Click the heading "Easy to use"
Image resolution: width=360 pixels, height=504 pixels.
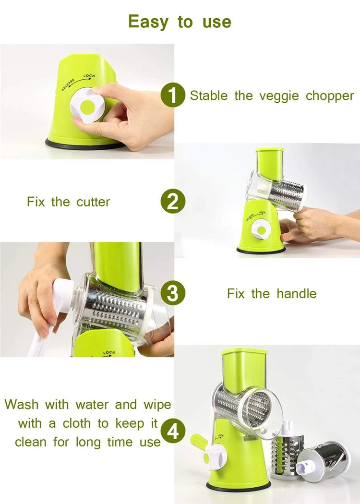coord(180,22)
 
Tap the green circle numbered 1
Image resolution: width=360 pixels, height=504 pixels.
coord(172,95)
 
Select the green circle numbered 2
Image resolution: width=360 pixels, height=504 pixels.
coord(172,202)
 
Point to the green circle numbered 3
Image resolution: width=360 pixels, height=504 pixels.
coord(172,293)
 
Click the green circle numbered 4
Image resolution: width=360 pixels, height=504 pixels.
coord(172,431)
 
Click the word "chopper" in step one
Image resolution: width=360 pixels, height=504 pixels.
coord(330,96)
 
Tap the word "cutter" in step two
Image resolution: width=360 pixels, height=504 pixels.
coord(93,202)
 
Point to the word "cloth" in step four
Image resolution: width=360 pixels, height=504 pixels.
coord(92,423)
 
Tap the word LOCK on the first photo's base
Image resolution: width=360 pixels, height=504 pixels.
coord(89,76)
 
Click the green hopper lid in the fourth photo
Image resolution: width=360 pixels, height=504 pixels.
coord(244,353)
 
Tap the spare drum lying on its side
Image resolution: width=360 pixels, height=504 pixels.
coord(324,458)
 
